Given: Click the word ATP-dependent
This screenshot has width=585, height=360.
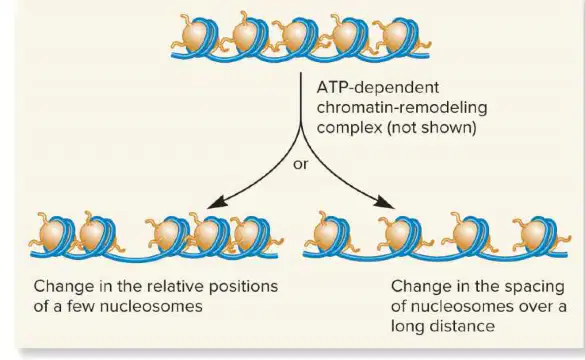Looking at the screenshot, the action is click(378, 88).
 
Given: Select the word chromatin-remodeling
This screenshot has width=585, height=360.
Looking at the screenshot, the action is click(402, 108).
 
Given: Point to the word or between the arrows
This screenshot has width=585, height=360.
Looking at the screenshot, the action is click(301, 164).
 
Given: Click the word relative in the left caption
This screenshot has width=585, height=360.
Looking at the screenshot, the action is click(175, 287).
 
